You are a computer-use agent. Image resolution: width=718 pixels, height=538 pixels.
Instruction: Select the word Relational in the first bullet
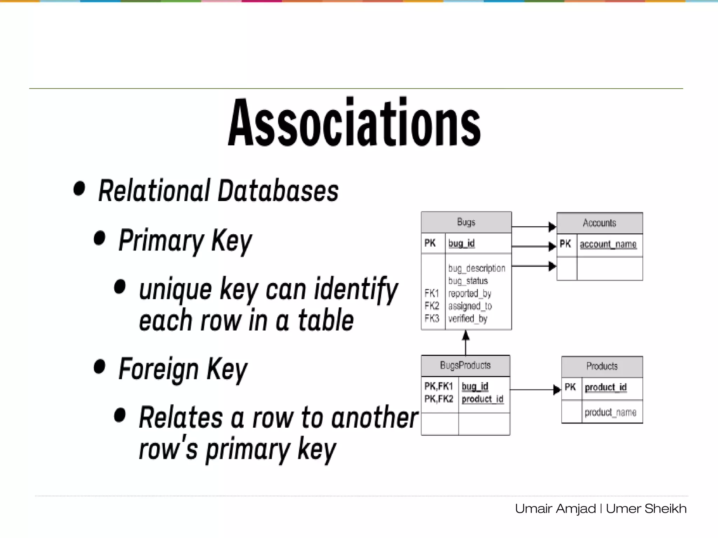[x=154, y=191]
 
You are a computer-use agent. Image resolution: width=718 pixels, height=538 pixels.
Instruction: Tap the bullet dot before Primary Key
[x=100, y=238]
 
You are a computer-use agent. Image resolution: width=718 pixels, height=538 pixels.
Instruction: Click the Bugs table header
[x=466, y=222]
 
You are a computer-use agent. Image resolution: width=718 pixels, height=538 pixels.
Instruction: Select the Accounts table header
[x=599, y=223]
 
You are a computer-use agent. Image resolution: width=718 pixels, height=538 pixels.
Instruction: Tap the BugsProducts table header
[x=465, y=365]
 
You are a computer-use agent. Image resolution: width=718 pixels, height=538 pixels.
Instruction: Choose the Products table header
[x=602, y=366]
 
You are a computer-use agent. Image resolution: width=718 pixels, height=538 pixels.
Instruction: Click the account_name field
[x=608, y=244]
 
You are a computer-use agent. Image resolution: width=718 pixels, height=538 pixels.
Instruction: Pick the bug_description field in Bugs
[x=476, y=268]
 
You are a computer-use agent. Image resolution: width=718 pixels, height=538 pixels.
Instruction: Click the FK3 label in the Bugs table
[x=432, y=318]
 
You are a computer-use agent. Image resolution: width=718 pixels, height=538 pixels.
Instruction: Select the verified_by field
[x=468, y=319]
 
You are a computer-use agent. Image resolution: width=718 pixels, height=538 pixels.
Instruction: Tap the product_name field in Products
[x=610, y=412]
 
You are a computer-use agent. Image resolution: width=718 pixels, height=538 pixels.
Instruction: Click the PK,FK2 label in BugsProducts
[x=439, y=399]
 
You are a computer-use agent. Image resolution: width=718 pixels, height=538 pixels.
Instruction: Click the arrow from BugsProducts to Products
[x=535, y=389]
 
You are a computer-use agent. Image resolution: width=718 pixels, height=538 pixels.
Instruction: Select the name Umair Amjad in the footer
[x=555, y=509]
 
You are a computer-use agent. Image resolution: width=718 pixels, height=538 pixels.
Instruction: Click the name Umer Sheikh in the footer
[x=646, y=509]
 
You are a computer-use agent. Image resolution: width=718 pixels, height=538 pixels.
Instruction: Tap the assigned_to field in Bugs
[x=470, y=306]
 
